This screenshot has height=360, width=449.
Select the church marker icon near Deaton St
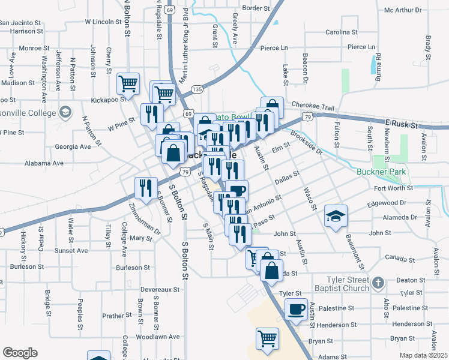tap(378, 281)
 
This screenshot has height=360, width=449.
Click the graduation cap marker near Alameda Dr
tap(336, 217)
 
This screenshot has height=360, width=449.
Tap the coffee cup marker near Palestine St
tap(295, 311)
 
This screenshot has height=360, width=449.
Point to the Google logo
tap(20, 352)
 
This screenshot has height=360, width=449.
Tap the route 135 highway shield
tap(197, 89)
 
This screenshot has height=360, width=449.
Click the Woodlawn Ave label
tap(158, 337)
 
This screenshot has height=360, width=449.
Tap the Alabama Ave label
tap(44, 163)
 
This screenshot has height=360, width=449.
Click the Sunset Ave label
tap(71, 250)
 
